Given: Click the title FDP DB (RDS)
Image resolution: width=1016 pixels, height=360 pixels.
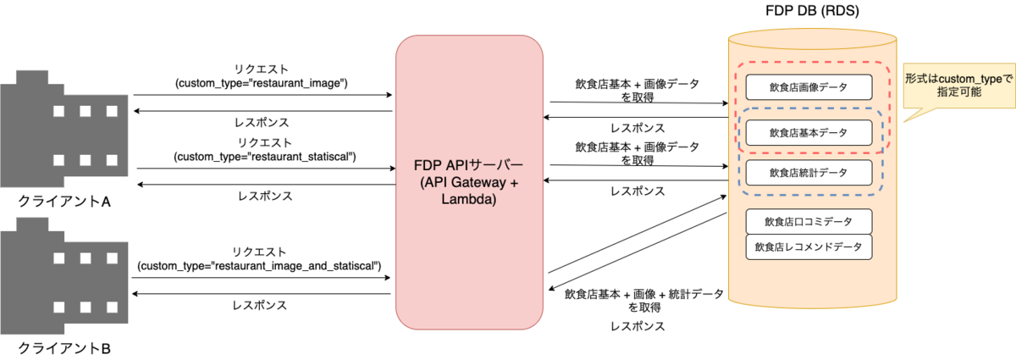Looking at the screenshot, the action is pyautogui.click(x=812, y=10).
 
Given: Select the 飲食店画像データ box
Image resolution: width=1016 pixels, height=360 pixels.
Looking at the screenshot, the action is pyautogui.click(x=809, y=87).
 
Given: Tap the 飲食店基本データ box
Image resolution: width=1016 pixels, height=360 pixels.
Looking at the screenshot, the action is pyautogui.click(x=809, y=132).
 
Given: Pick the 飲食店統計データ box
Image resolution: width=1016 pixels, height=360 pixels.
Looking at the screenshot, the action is pyautogui.click(x=809, y=173).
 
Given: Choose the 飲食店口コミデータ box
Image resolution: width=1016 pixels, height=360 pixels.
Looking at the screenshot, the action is pyautogui.click(x=809, y=222).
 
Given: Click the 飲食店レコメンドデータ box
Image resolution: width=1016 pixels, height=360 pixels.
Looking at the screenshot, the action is pyautogui.click(x=809, y=247).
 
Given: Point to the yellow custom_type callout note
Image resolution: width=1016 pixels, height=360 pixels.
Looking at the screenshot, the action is pyautogui.click(x=958, y=86).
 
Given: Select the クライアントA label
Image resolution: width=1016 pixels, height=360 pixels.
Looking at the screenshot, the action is pyautogui.click(x=64, y=202).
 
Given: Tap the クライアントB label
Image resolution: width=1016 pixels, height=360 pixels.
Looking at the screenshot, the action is pyautogui.click(x=64, y=349).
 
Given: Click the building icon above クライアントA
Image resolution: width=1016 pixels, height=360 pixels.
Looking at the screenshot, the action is pyautogui.click(x=64, y=129).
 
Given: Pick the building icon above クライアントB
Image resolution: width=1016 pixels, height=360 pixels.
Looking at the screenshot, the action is pyautogui.click(x=64, y=276).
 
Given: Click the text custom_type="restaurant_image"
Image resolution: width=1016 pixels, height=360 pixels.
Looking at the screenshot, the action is pyautogui.click(x=262, y=84).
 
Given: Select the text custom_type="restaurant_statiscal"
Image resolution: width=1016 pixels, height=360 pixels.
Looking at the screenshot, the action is pyautogui.click(x=265, y=157).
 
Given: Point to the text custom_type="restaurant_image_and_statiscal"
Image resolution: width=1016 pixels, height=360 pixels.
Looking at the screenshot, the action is pyautogui.click(x=259, y=266).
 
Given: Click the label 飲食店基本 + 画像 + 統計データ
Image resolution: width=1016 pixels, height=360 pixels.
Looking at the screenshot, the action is pyautogui.click(x=644, y=294).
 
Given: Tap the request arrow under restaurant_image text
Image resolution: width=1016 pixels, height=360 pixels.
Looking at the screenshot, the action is pyautogui.click(x=262, y=95).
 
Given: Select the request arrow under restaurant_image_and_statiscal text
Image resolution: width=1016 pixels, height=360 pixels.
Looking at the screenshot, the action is pyautogui.click(x=262, y=277).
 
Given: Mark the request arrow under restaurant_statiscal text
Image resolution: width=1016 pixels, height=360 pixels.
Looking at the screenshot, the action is pyautogui.click(x=266, y=169).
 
